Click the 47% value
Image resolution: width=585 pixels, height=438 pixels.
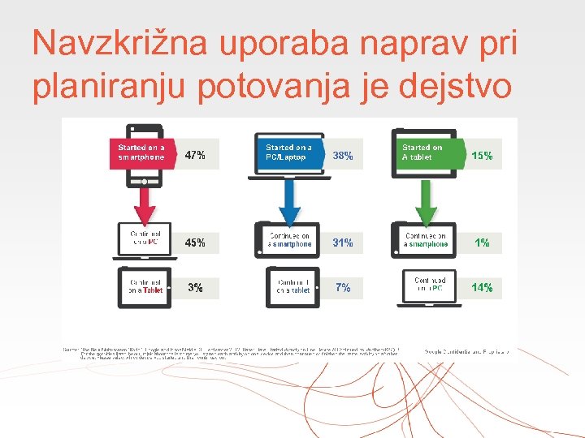point(195,154)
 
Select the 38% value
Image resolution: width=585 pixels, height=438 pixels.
point(343,156)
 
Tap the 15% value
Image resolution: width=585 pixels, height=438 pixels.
point(482,156)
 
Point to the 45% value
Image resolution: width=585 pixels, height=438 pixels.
point(195,242)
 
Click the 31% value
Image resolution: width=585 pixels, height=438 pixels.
point(343,242)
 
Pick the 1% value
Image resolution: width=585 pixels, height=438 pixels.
point(482,242)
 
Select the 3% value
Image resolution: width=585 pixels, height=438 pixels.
point(195,287)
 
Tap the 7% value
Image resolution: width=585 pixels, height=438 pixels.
point(343,287)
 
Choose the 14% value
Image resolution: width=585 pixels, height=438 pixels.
point(482,287)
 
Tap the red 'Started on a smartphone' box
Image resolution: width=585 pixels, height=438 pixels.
point(142,152)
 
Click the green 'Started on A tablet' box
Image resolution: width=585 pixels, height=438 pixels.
point(426,152)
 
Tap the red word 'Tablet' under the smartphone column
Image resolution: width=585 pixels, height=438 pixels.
point(153,290)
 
